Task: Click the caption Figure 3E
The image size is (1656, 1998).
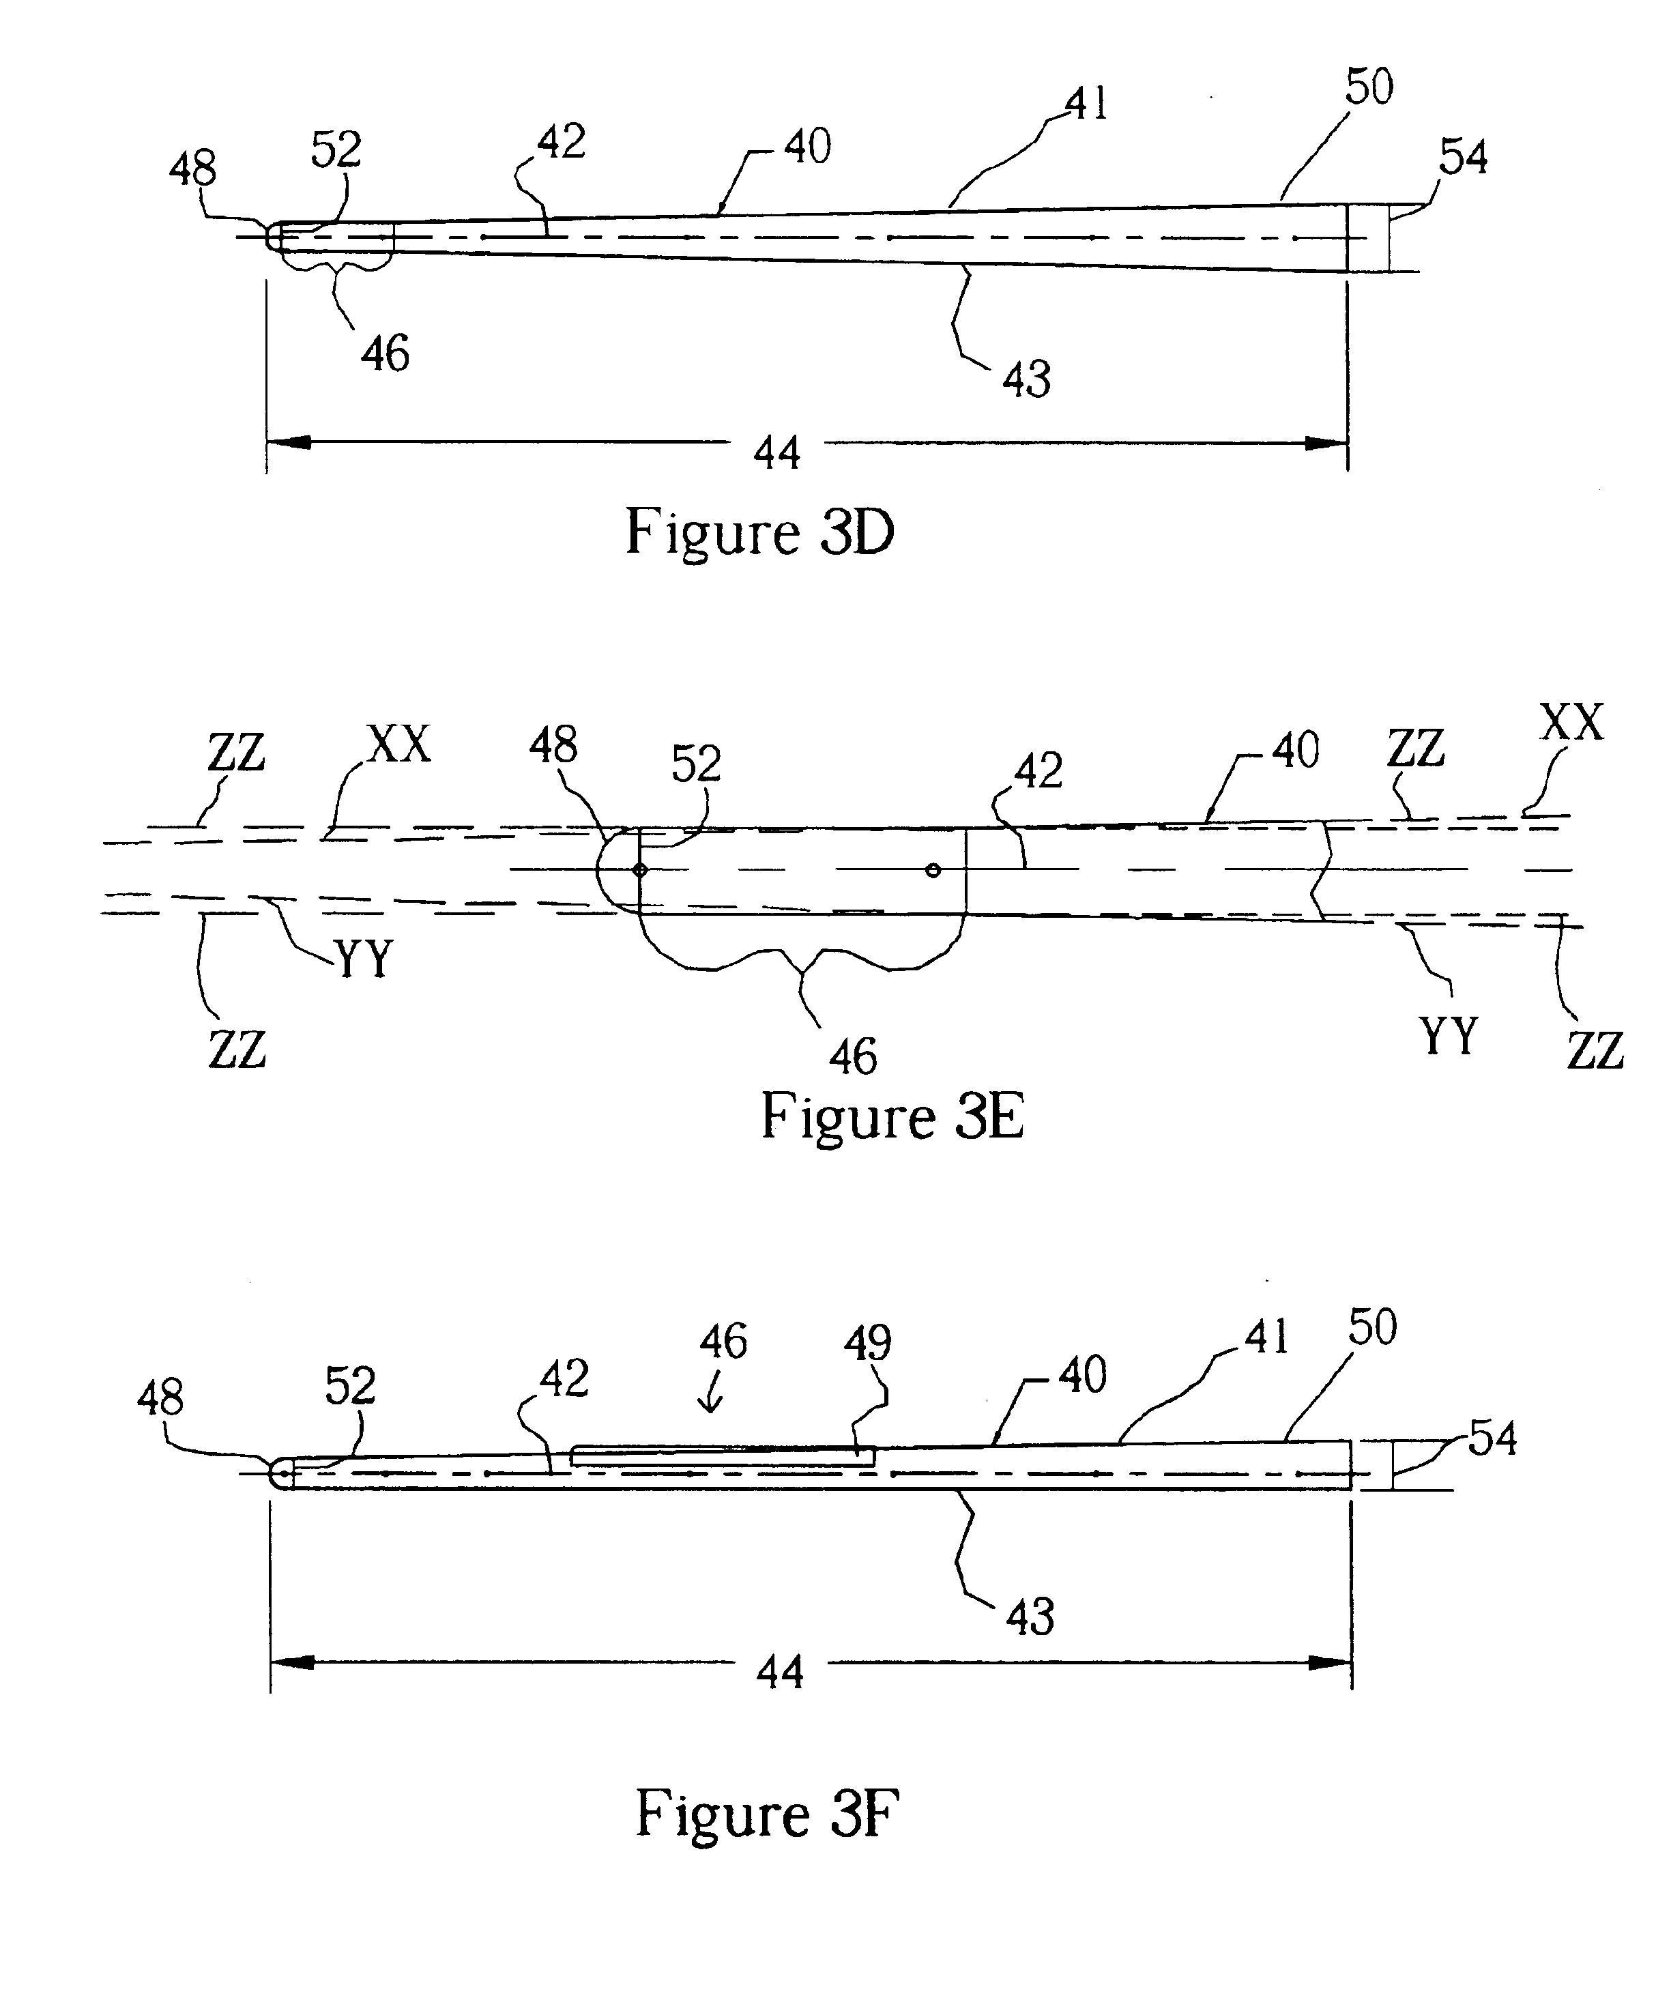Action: point(892,1116)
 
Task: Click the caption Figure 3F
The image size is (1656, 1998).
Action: point(767,1814)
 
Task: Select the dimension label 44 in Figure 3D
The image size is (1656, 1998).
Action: point(777,452)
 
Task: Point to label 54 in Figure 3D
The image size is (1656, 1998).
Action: point(1463,157)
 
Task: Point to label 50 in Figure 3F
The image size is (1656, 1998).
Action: point(1371,1327)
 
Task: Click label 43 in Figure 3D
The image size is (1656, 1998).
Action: point(1026,379)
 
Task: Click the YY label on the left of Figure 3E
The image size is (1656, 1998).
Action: point(364,959)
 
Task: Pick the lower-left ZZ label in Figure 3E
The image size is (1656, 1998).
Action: point(237,1049)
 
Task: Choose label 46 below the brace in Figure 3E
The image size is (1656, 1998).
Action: point(852,1056)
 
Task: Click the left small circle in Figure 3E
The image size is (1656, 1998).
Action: point(640,869)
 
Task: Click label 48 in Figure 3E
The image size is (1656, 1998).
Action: point(553,746)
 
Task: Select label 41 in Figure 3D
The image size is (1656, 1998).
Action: point(1087,104)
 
